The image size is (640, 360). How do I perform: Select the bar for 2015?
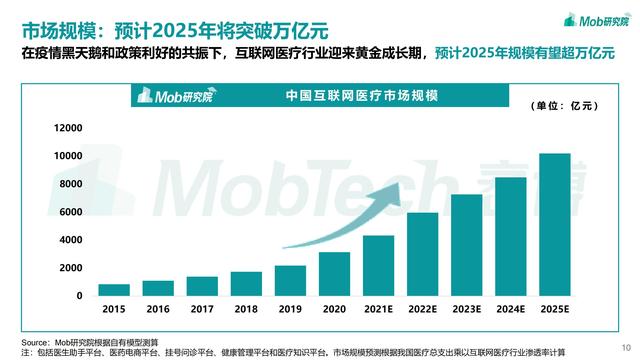114,290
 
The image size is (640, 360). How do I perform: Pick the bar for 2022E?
422,254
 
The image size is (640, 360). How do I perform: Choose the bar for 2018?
247,284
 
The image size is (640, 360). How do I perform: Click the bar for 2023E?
466,245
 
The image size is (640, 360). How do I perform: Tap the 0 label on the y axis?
79,296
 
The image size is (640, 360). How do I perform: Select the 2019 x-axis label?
290,311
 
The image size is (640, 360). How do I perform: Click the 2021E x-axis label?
378,311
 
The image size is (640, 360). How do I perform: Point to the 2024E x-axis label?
510,311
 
